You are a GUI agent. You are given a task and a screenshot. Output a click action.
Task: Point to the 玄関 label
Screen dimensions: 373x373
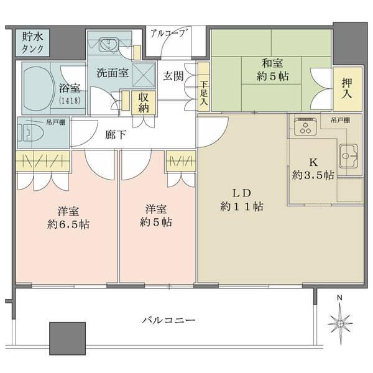click(173, 76)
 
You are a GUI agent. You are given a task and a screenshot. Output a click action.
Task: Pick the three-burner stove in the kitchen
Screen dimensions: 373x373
click(305, 128)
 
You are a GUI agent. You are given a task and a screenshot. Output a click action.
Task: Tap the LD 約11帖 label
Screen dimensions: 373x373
click(241, 199)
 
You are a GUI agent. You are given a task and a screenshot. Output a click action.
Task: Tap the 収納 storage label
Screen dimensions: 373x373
click(144, 101)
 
